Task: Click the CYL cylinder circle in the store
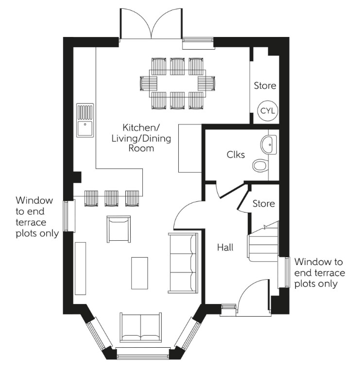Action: (x=268, y=110)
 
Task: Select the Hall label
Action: (x=225, y=248)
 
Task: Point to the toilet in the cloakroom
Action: (x=261, y=166)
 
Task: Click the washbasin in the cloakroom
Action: (x=268, y=144)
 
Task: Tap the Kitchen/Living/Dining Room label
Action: (x=141, y=138)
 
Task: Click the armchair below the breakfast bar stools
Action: (x=118, y=229)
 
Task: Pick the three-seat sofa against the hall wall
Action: (x=183, y=263)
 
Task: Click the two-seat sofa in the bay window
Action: (x=141, y=327)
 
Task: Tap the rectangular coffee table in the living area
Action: (x=139, y=274)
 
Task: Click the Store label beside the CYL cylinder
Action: (x=265, y=86)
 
